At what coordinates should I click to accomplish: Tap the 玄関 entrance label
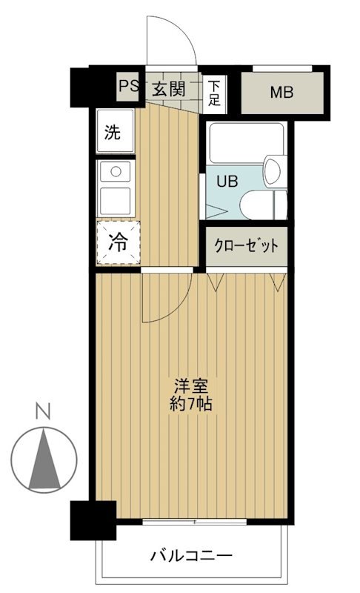tap(169, 89)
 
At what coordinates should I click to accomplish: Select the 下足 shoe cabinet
tap(214, 93)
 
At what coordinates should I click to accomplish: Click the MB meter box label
tap(281, 92)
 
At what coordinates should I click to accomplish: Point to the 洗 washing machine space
tap(115, 131)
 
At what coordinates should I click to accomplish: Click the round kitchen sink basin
tap(116, 172)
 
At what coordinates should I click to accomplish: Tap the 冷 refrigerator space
tap(119, 242)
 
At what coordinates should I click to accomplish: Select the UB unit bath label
tap(227, 182)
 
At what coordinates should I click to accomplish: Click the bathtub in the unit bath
tap(245, 142)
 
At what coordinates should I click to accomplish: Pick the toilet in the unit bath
tap(263, 205)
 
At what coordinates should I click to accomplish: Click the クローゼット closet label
tap(246, 246)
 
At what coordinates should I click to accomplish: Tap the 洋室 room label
tap(191, 386)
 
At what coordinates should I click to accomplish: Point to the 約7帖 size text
tap(191, 404)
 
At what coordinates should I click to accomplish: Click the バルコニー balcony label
tap(191, 556)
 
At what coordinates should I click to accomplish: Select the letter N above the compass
tap(44, 411)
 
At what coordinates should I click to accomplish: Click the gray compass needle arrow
tap(44, 459)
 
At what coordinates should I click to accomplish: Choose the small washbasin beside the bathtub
tap(274, 171)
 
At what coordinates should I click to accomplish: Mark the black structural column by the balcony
tap(93, 520)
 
